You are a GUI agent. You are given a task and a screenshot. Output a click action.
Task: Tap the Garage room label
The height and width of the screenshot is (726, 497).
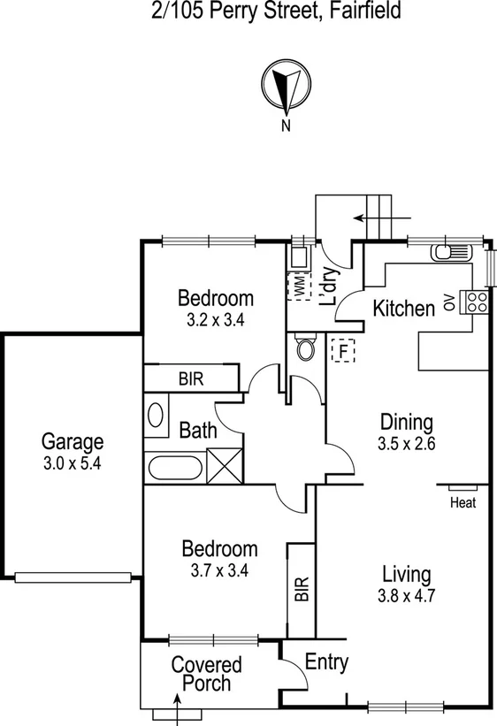[x=73, y=441]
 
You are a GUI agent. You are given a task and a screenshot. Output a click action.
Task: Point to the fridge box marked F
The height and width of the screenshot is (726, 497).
[x=340, y=350]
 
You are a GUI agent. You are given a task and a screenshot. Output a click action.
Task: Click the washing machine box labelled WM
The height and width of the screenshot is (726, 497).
[x=301, y=286]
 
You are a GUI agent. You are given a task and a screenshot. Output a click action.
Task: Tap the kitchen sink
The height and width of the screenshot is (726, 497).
[x=452, y=253]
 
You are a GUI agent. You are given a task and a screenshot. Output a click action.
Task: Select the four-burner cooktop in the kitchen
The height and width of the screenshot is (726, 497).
[x=476, y=302]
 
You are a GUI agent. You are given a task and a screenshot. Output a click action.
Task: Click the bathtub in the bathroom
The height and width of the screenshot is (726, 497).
[x=176, y=466]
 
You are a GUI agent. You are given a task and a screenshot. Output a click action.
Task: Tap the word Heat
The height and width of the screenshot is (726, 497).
[x=463, y=503]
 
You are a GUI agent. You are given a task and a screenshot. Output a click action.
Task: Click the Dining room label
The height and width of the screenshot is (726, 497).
[x=406, y=421]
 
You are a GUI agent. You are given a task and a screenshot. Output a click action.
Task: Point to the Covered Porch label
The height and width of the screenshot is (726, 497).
[x=206, y=674]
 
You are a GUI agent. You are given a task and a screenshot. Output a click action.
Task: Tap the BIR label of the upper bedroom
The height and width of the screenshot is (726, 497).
[x=191, y=378]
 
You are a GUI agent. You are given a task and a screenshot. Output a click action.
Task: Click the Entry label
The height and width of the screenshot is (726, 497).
[x=326, y=662]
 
